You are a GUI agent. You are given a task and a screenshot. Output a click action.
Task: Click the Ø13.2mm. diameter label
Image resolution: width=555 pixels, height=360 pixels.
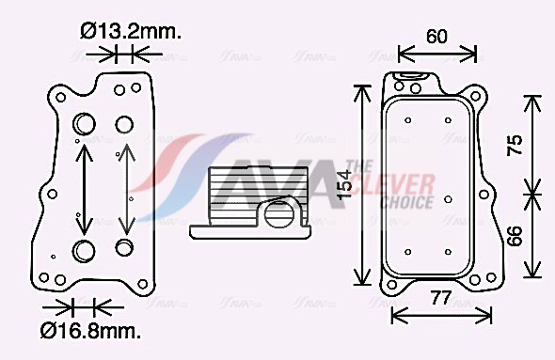[x=131, y=31]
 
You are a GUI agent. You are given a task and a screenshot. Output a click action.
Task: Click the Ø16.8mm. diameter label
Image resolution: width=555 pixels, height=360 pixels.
[x=90, y=331]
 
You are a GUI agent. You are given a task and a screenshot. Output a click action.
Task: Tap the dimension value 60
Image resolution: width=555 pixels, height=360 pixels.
[x=436, y=36]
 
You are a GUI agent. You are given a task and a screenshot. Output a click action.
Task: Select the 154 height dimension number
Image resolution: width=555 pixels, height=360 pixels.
[x=343, y=184]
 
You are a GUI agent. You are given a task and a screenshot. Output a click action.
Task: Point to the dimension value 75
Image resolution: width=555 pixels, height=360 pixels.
[x=515, y=145]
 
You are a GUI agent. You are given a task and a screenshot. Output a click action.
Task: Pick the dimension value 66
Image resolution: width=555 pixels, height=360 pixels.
[x=515, y=236]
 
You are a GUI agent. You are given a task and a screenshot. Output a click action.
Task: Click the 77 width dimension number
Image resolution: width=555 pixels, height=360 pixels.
[x=441, y=298]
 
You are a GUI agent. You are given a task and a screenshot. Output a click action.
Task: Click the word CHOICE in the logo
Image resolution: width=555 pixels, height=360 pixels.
[x=407, y=202]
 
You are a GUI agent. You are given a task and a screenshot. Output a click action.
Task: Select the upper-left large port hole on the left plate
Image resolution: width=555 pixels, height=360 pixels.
[x=84, y=124]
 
